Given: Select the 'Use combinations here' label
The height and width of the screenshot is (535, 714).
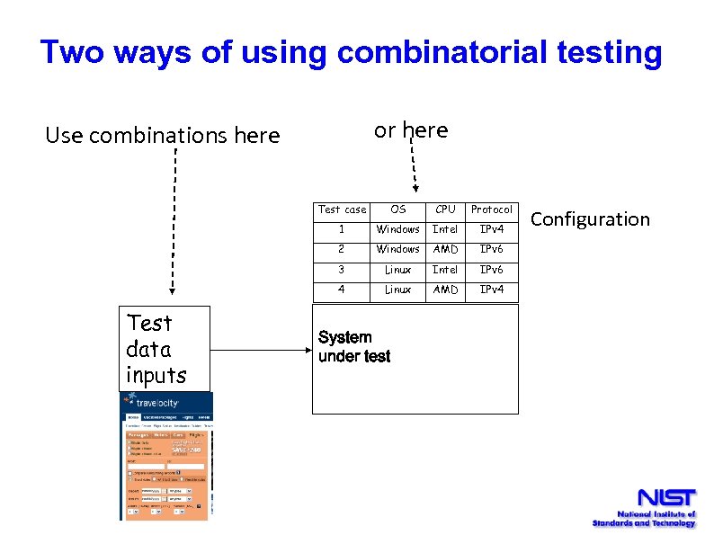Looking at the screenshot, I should pyautogui.click(x=163, y=136).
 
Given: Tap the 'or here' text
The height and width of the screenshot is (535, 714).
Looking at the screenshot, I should pyautogui.click(x=411, y=130).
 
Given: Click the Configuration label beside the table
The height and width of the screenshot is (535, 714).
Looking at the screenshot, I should pyautogui.click(x=590, y=219).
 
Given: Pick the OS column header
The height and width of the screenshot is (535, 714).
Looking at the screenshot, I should pyautogui.click(x=398, y=210).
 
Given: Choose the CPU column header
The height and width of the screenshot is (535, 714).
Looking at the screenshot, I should pyautogui.click(x=445, y=210).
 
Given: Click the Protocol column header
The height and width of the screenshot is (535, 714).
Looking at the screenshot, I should pyautogui.click(x=492, y=210).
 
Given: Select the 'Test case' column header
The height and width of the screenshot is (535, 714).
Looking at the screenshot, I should pyautogui.click(x=342, y=210).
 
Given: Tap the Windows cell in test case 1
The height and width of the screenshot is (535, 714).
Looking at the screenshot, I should pyautogui.click(x=398, y=229).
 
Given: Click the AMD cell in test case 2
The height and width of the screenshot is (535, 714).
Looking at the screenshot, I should pyautogui.click(x=445, y=249).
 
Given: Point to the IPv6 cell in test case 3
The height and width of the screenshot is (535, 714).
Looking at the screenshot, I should pyautogui.click(x=492, y=270).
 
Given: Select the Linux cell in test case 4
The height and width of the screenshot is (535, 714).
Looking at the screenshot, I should pyautogui.click(x=398, y=290).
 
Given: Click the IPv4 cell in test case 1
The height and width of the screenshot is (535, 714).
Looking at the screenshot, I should pyautogui.click(x=492, y=229).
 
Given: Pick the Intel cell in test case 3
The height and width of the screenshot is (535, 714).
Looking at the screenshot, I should pyautogui.click(x=445, y=270).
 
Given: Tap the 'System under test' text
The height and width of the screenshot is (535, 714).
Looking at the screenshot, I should pyautogui.click(x=354, y=347).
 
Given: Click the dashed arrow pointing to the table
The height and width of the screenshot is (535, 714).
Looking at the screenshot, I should pyautogui.click(x=413, y=166).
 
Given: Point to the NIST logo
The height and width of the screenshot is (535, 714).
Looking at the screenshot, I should pyautogui.click(x=665, y=499).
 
